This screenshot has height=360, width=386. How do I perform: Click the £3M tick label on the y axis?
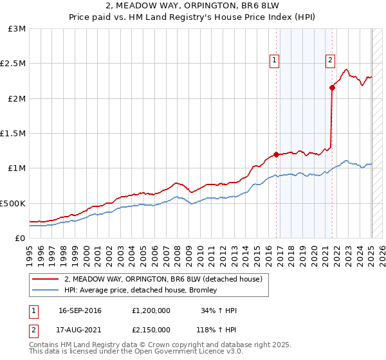click(17, 29)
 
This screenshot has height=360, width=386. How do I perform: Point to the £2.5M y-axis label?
click(14, 64)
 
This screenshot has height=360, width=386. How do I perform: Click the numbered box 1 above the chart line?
click(275, 60)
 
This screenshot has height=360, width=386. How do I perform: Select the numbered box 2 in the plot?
click(330, 60)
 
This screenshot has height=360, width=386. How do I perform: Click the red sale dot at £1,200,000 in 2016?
click(276, 154)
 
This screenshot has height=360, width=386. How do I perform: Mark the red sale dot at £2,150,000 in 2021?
click(332, 88)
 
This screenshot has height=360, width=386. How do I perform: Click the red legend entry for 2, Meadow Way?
click(163, 280)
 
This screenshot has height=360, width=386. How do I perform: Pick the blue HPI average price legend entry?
click(141, 290)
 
